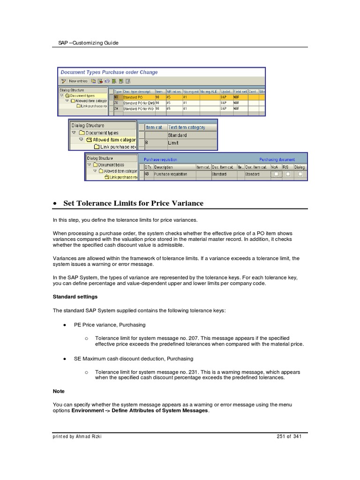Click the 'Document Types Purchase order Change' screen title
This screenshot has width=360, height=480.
click(x=109, y=72)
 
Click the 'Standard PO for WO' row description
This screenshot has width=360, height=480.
click(x=138, y=108)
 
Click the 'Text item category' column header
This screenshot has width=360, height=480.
click(x=186, y=127)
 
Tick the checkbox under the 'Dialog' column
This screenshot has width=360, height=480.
click(x=300, y=174)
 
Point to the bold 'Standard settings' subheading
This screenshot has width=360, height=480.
click(x=75, y=297)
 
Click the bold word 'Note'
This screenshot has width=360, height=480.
click(x=59, y=391)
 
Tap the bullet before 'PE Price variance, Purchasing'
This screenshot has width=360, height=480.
click(x=64, y=324)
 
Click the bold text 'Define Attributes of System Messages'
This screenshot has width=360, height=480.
click(x=159, y=411)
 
